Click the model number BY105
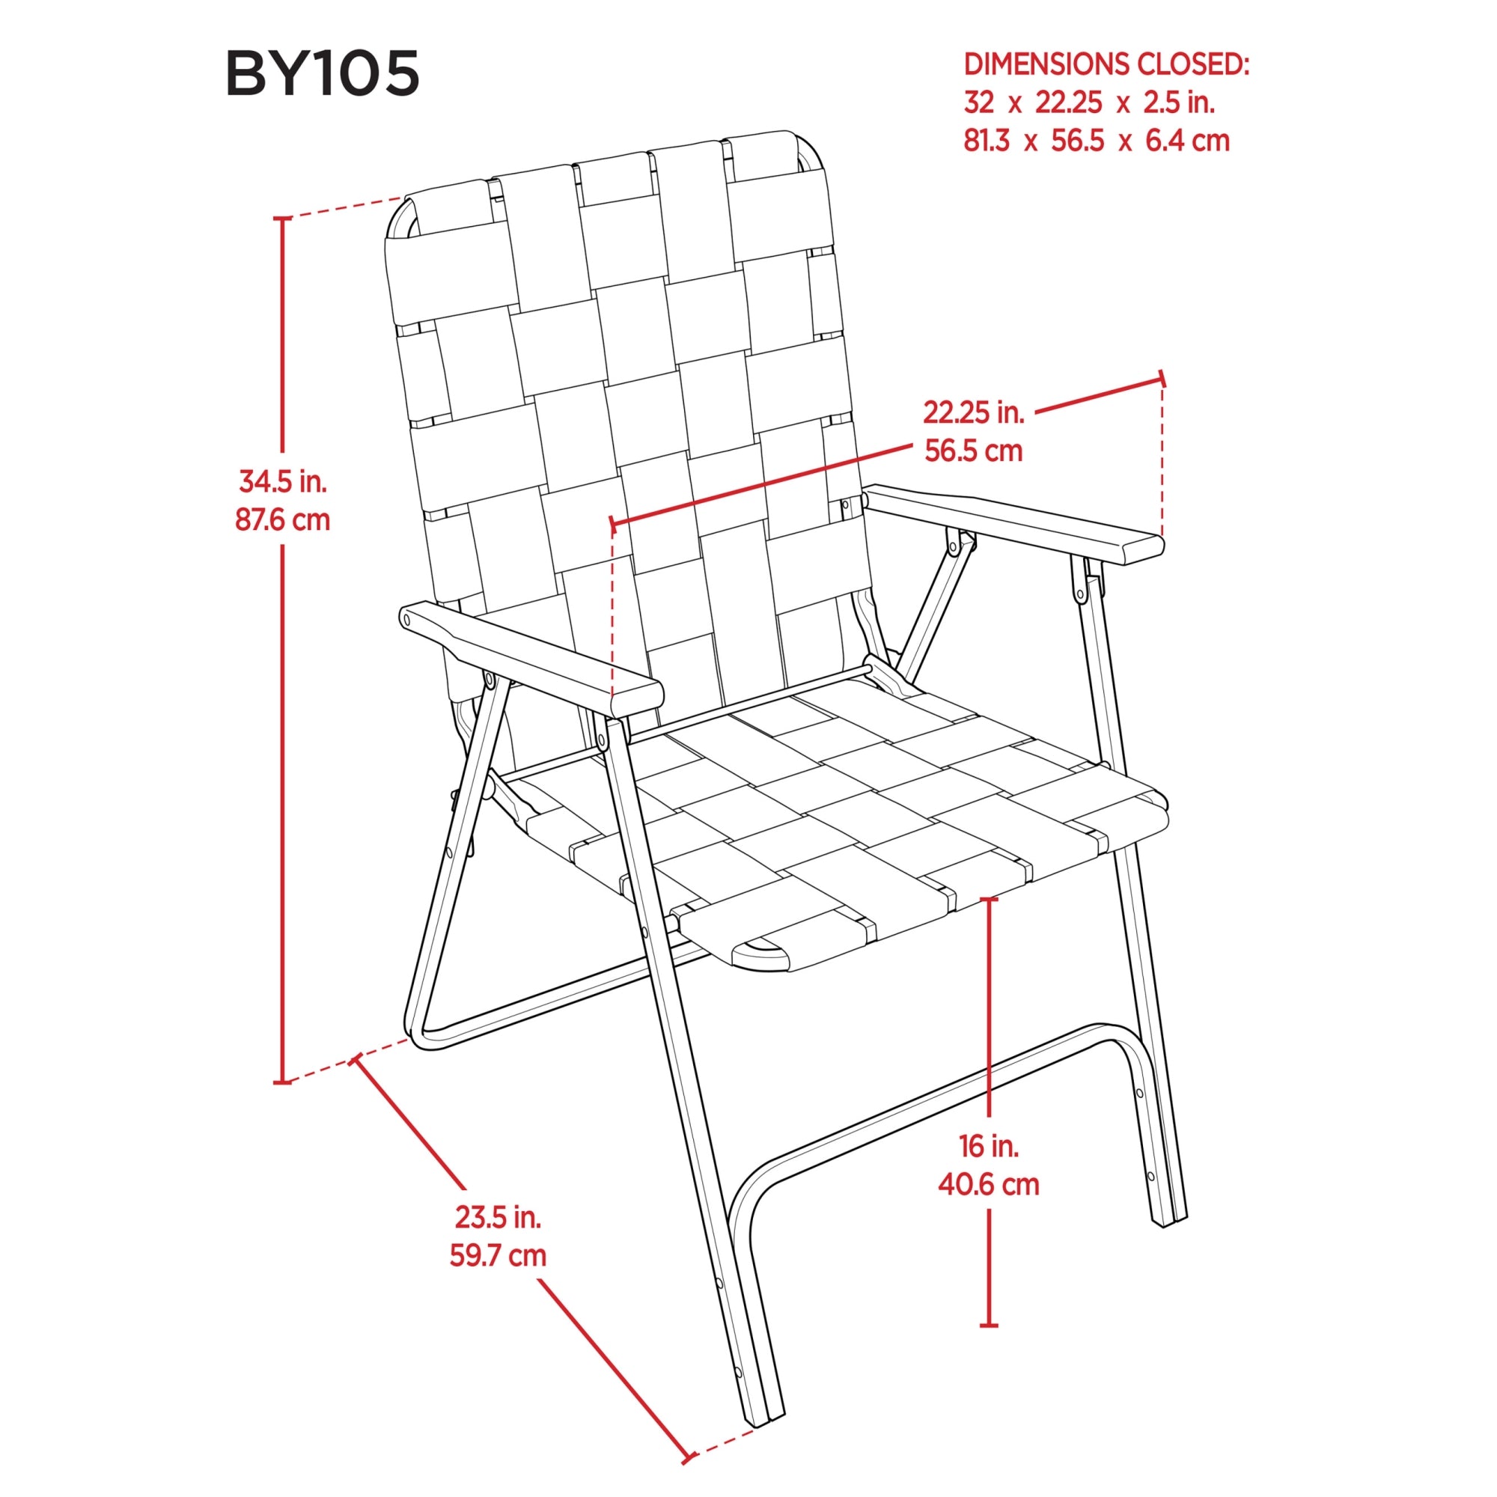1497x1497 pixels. [323, 73]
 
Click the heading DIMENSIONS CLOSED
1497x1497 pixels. [1106, 65]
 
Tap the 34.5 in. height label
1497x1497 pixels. [283, 482]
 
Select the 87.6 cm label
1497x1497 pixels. [283, 519]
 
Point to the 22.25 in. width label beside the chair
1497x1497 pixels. [973, 412]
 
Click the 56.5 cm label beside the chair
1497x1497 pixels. [973, 450]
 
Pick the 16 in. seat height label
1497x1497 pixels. [988, 1146]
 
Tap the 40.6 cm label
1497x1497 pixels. [988, 1184]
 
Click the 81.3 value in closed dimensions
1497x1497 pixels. [987, 141]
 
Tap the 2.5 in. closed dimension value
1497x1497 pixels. [1179, 103]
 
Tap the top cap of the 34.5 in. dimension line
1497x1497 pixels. [283, 219]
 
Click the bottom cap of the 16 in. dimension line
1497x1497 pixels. [989, 1326]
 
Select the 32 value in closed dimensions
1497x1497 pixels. [978, 103]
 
